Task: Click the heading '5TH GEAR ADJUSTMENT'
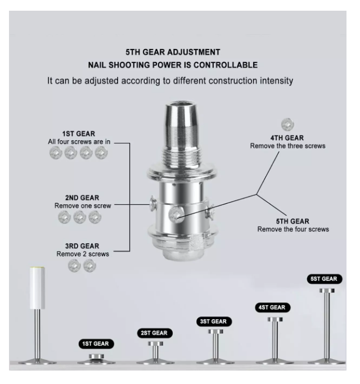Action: click(173, 52)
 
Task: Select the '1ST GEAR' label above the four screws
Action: click(79, 133)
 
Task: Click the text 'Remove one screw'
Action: click(83, 206)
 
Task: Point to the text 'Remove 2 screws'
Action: click(83, 254)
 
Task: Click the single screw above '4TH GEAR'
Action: click(287, 124)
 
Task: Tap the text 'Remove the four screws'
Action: click(293, 229)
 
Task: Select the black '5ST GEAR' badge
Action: click(324, 279)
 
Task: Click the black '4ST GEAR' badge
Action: click(272, 307)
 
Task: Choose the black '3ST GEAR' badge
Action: click(214, 322)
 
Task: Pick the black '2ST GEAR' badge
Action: click(155, 333)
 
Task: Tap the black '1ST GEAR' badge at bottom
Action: click(96, 344)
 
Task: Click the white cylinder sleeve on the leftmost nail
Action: click(38, 288)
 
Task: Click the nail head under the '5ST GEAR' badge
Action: click(327, 291)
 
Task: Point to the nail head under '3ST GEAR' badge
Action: click(215, 332)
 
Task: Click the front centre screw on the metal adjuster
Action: click(176, 215)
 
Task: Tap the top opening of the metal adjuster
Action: click(181, 104)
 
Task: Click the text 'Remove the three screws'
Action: click(287, 146)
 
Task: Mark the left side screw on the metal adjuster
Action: click(153, 203)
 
